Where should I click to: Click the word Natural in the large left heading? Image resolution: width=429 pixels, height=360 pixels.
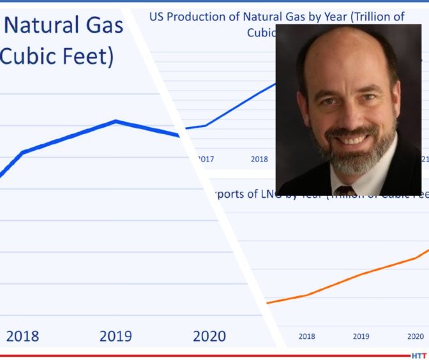click(x=44, y=27)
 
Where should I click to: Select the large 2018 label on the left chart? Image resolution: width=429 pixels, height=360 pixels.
click(x=22, y=336)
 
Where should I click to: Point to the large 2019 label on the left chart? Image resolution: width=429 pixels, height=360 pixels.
click(x=116, y=336)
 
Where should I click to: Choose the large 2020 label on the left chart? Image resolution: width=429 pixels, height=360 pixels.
click(x=209, y=336)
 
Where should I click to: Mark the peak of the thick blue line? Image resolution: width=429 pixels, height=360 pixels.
click(x=116, y=121)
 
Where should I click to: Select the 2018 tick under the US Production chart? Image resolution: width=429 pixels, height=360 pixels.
click(x=259, y=159)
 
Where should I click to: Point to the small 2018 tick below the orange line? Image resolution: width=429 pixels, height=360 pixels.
click(x=306, y=336)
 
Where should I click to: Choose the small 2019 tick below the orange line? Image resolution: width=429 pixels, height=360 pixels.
click(x=361, y=336)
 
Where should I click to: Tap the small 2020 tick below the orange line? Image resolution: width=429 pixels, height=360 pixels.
click(x=415, y=336)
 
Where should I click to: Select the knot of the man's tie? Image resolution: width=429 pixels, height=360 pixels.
click(x=345, y=190)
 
